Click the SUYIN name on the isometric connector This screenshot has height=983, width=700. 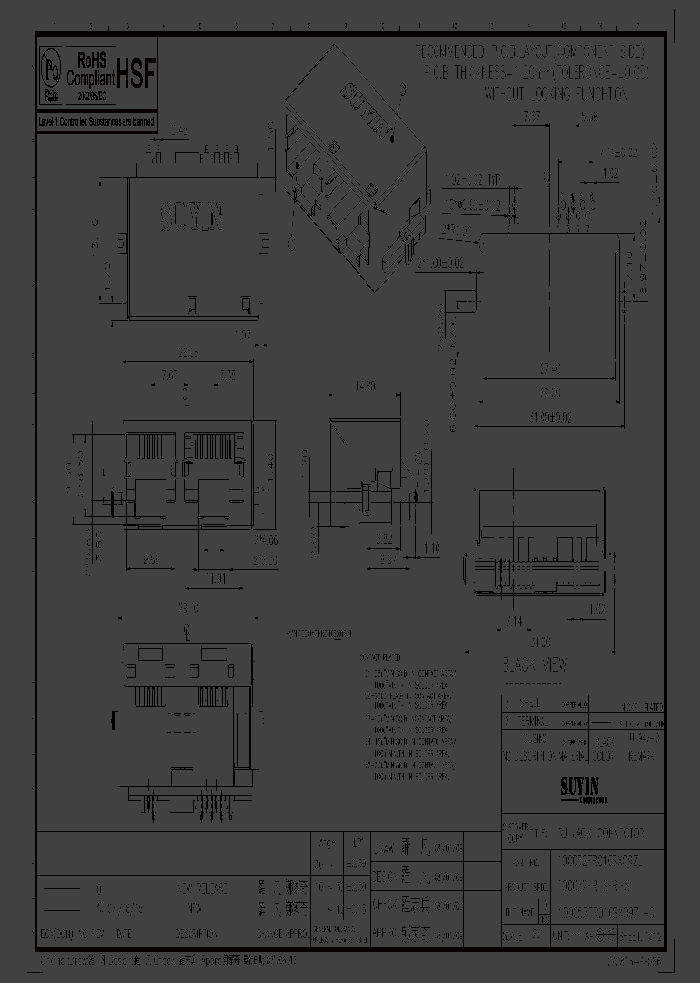tap(366, 106)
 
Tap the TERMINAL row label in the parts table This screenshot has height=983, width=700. tap(530, 722)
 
